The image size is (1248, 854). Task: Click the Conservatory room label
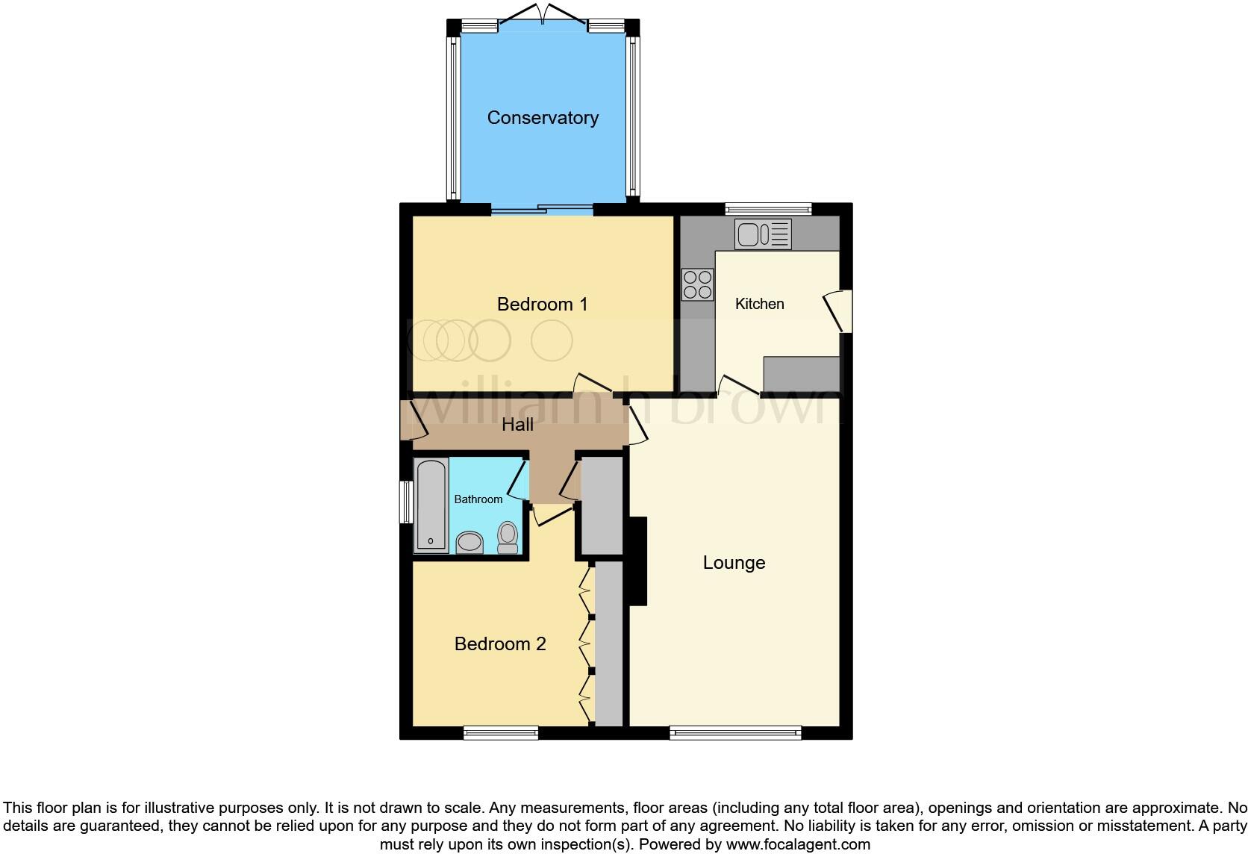click(x=543, y=118)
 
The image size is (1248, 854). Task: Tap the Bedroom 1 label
click(x=542, y=305)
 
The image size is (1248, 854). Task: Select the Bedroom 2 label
click(x=500, y=644)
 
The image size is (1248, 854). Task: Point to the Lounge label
click(x=734, y=563)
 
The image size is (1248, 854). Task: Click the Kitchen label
click(x=759, y=304)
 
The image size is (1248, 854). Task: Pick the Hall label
click(x=517, y=425)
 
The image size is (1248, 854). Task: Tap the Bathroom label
click(x=478, y=499)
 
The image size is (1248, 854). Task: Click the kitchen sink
click(x=762, y=234)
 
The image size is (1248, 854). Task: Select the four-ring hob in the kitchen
click(x=697, y=284)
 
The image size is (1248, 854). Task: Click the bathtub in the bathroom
click(x=431, y=505)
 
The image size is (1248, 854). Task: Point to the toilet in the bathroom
click(x=508, y=537)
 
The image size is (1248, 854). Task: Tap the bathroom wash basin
click(x=469, y=541)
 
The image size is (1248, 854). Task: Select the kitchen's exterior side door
click(x=841, y=311)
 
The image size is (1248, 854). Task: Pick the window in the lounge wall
click(x=735, y=734)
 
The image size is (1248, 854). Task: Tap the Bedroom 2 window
click(x=500, y=734)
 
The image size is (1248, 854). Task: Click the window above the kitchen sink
click(x=767, y=208)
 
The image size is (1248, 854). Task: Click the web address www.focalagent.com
click(x=798, y=845)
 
